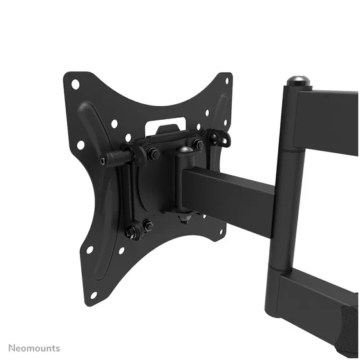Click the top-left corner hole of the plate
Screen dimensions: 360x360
(75, 84)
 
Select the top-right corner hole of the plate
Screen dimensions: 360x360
(227, 81)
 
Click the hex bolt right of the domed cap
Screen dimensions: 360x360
(198, 144)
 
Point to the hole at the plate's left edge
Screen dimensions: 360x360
(81, 145)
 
